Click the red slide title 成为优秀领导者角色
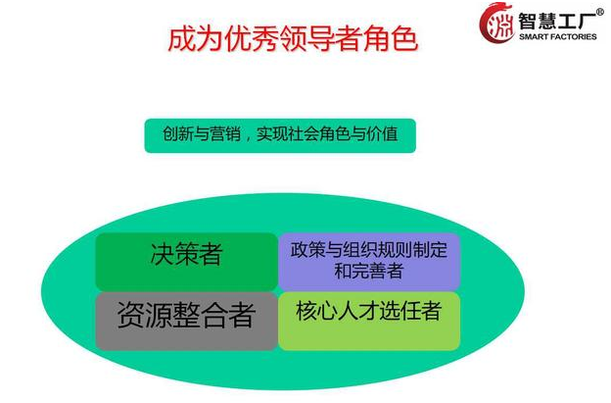(293, 39)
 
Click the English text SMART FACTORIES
(557, 36)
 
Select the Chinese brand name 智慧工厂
(557, 21)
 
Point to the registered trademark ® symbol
(600, 12)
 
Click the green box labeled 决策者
(186, 262)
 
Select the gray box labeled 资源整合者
(186, 321)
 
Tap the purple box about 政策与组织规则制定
(369, 262)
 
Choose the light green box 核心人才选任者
(369, 321)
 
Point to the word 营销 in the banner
(225, 134)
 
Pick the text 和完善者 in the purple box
(368, 271)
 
